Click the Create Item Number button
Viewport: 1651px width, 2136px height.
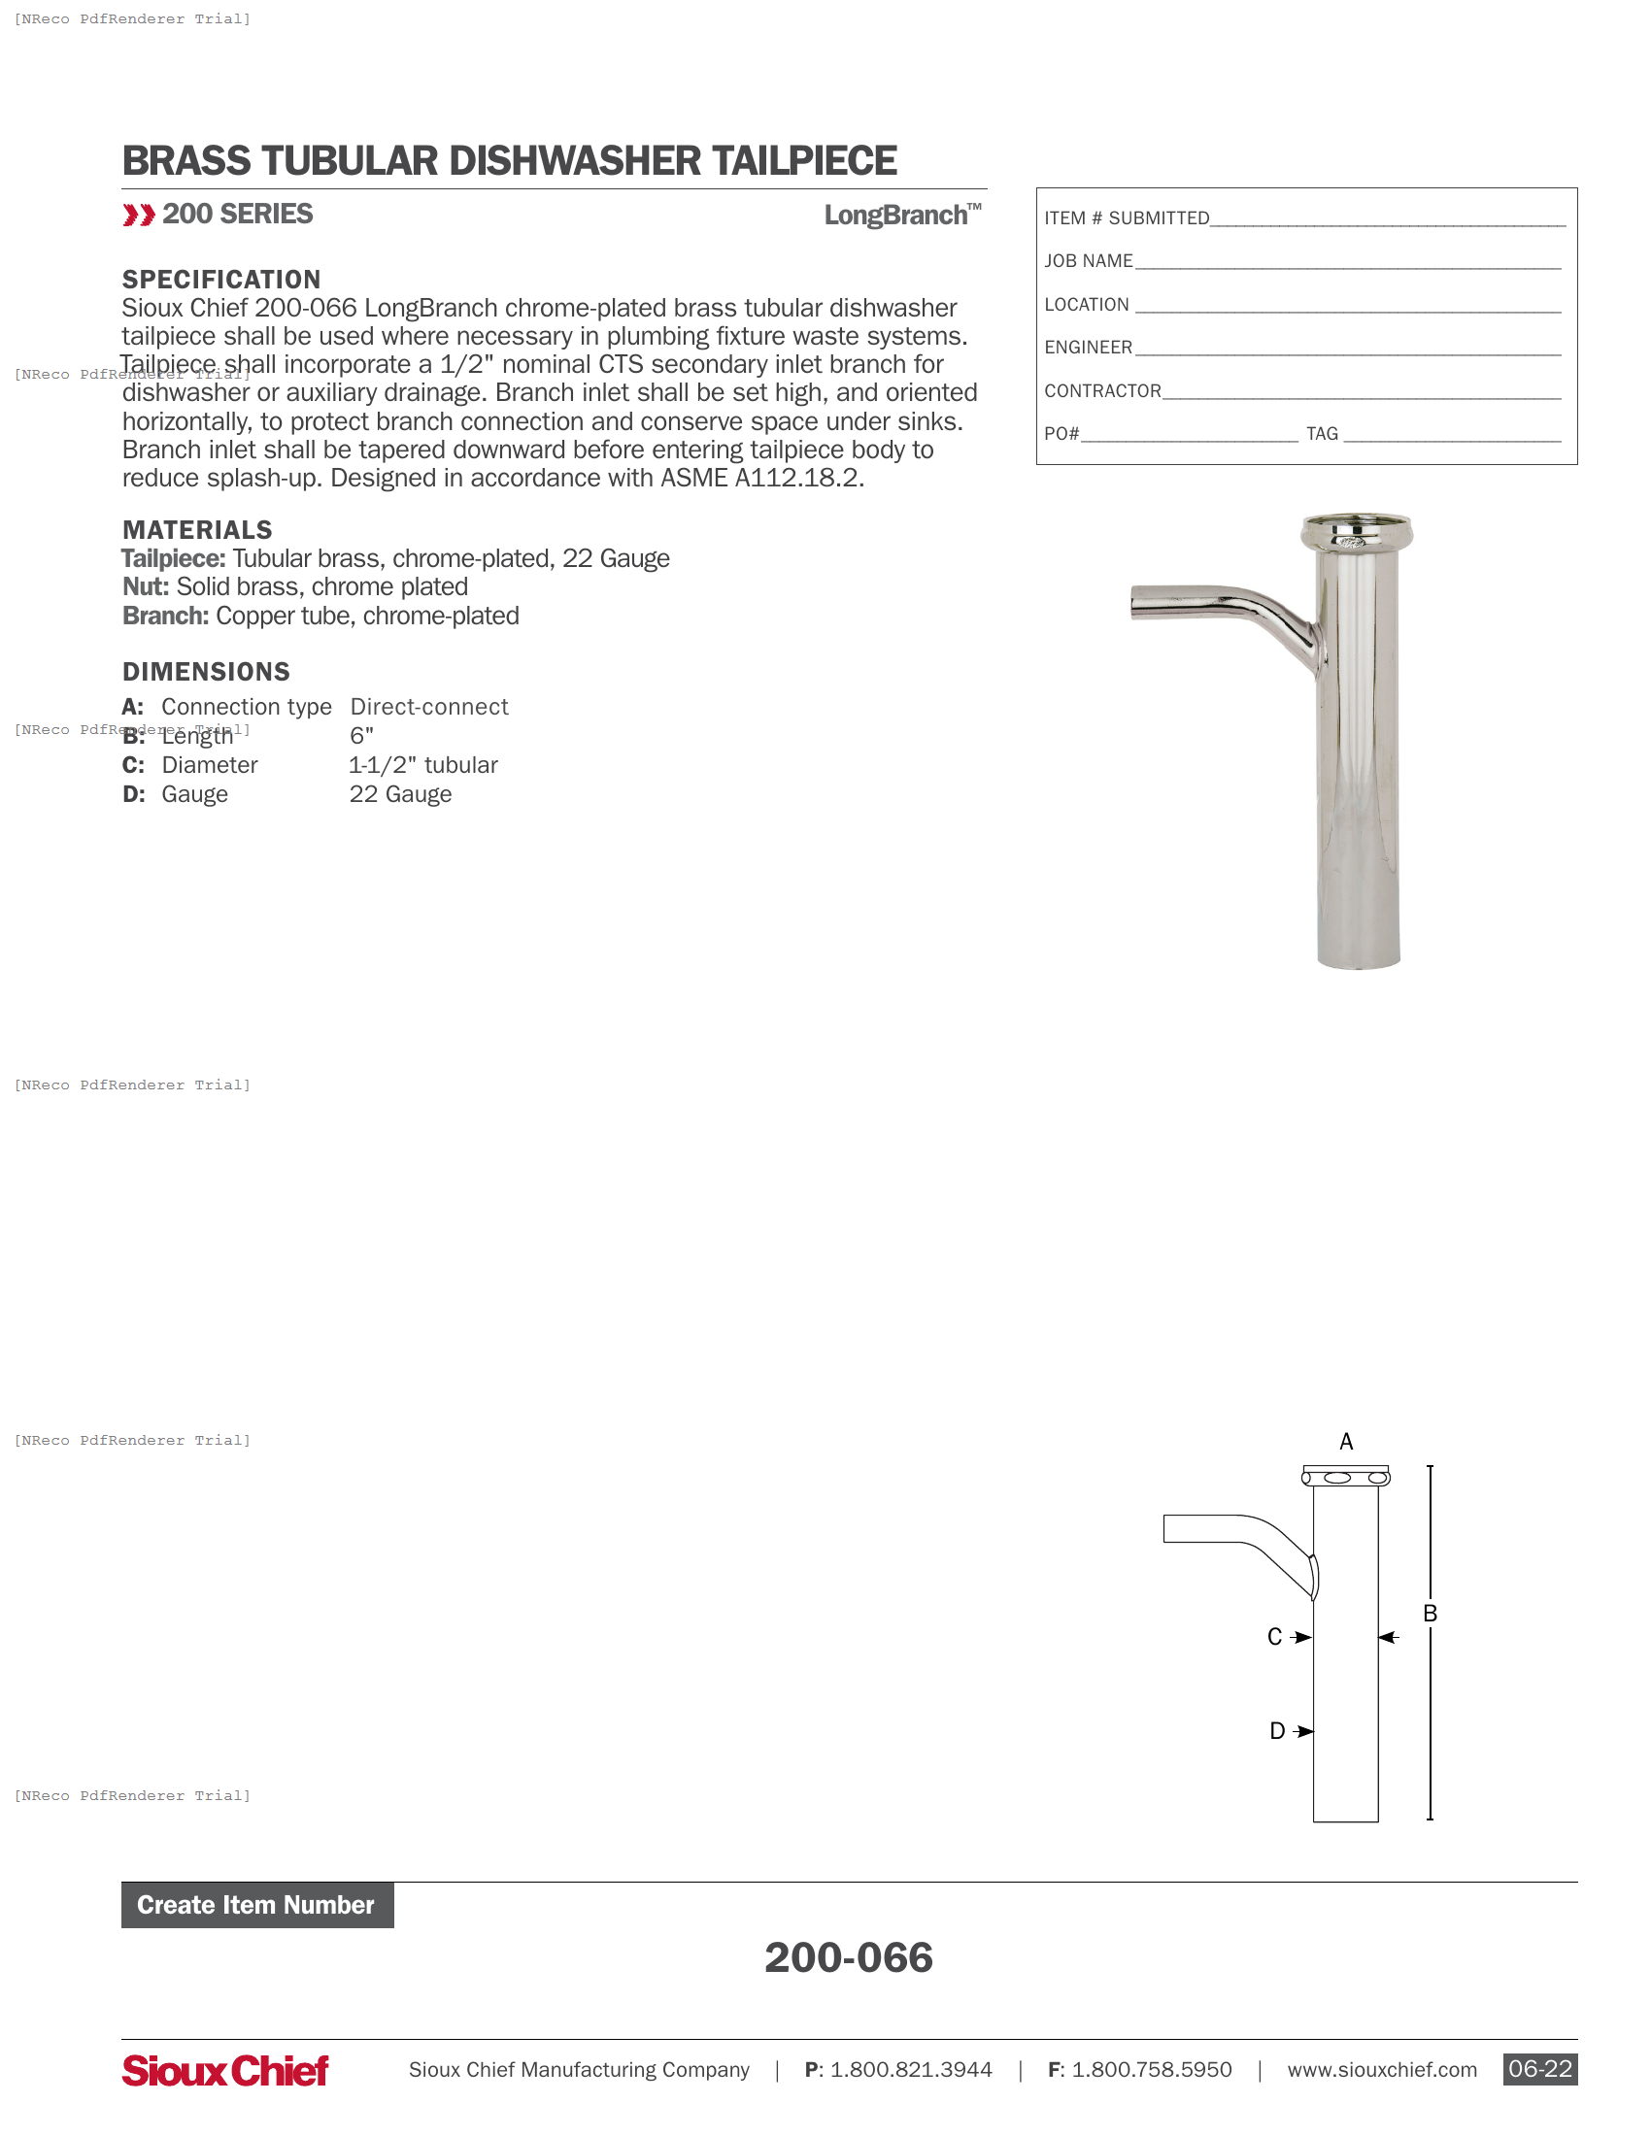pos(256,1904)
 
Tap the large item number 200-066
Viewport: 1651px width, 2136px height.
pos(848,1957)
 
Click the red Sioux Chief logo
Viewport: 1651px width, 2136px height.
pos(225,2070)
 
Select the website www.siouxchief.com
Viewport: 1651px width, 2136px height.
pos(1381,2070)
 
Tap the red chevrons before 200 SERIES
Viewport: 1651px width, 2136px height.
pos(138,216)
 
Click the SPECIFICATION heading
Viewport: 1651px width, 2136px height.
pos(221,280)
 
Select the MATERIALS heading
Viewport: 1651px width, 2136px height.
pos(197,530)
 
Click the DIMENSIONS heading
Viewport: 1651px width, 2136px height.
pos(206,672)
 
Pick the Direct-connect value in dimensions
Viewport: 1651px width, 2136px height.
pos(429,707)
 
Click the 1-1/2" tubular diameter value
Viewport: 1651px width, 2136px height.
pos(423,765)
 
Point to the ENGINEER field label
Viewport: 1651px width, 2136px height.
pos(1088,349)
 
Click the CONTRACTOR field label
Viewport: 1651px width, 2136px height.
pos(1102,391)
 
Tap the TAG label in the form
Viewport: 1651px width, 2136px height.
pos(1322,434)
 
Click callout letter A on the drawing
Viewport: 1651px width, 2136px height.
pos(1346,1442)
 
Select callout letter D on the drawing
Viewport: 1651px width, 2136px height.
pos(1276,1731)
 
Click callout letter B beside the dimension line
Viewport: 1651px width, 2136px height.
pos(1430,1614)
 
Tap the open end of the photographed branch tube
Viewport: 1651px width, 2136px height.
pos(1135,603)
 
